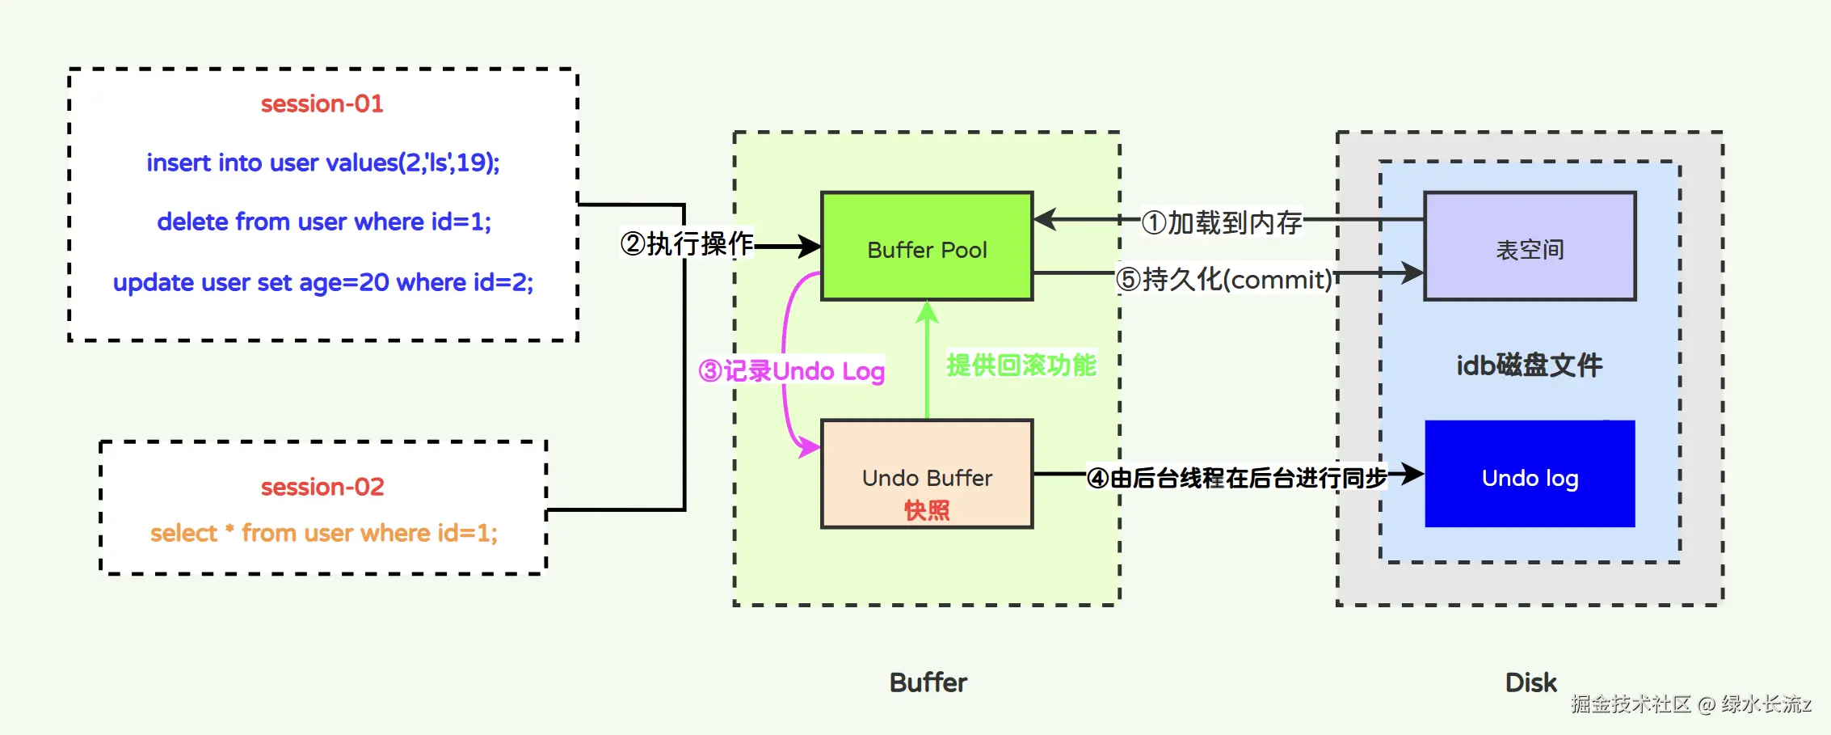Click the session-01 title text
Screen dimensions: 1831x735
coord(322,103)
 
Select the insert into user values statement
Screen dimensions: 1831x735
coord(323,163)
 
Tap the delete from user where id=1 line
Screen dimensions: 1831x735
coord(324,222)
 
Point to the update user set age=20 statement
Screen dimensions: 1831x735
coord(323,282)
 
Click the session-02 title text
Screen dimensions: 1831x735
coord(322,487)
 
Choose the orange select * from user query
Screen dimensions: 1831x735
coord(323,533)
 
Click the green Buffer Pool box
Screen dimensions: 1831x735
coord(927,246)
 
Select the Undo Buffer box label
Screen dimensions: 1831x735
coord(927,478)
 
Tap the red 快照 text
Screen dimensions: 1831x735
coord(927,510)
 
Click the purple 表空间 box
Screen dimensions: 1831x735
coord(1530,246)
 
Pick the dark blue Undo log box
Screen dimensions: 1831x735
coord(1530,474)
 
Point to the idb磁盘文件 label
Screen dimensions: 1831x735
coord(1530,365)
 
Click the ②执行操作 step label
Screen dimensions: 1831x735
coord(687,243)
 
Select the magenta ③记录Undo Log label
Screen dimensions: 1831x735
coord(792,371)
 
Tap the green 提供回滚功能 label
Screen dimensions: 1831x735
coord(1021,365)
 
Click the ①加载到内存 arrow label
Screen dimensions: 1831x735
coord(1221,222)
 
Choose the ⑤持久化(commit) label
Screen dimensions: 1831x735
coord(1224,279)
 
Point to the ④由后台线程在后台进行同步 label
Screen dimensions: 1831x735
coord(1236,478)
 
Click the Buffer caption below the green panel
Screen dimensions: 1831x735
coord(928,682)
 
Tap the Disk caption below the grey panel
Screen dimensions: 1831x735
coord(1530,682)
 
